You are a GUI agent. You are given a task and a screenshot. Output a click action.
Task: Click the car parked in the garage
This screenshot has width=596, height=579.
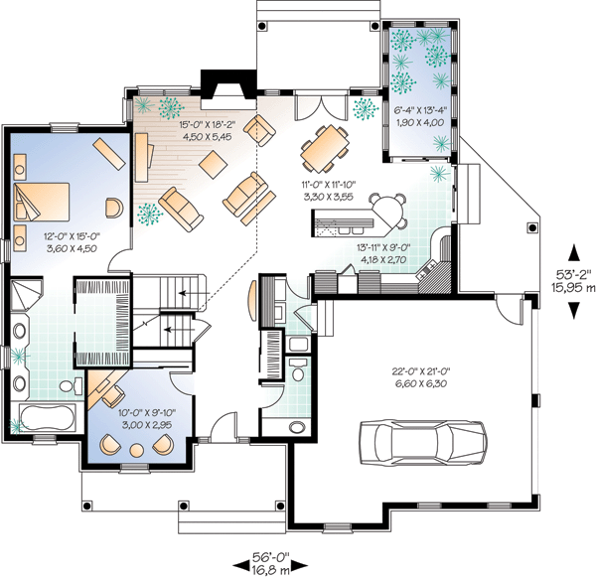click(423, 442)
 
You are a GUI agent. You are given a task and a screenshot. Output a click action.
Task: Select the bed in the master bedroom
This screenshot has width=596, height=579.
click(42, 202)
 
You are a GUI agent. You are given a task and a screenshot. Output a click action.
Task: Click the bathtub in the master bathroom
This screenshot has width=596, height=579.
click(47, 418)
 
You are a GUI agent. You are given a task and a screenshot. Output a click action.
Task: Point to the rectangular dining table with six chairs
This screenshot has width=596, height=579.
click(325, 148)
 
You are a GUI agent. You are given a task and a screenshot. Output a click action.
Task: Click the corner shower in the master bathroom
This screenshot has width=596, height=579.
click(26, 295)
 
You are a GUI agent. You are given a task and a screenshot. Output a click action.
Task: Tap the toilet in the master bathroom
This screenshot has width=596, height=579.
click(71, 386)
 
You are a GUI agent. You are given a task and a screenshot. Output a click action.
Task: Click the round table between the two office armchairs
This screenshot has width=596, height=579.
click(137, 450)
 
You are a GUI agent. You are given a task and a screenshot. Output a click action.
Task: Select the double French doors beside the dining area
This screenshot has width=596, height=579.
click(322, 107)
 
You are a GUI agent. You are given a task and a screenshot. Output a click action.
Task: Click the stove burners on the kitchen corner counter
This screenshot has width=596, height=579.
click(428, 269)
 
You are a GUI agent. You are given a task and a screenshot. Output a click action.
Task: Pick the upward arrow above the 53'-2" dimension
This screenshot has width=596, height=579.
click(574, 252)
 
